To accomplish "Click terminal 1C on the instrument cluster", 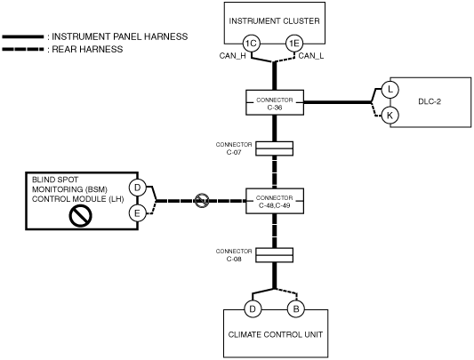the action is [x=251, y=44].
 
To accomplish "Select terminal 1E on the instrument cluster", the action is [x=294, y=44].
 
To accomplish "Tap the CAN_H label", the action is [x=232, y=56].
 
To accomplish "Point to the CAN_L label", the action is [x=311, y=56].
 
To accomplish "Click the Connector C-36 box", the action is [x=275, y=102].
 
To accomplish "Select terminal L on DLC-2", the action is [x=390, y=90].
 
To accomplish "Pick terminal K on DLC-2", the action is [x=390, y=116].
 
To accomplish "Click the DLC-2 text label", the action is [x=430, y=101].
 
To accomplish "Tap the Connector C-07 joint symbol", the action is [x=275, y=148].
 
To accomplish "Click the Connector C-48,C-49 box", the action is [x=275, y=201].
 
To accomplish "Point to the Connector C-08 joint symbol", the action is [x=275, y=255].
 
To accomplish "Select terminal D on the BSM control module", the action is [x=138, y=188].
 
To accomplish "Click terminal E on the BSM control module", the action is [x=138, y=213].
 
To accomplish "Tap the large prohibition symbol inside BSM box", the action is [x=80, y=215].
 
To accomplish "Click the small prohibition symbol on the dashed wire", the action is [x=202, y=201].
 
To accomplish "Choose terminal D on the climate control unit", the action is [x=253, y=309].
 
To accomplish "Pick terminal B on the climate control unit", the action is [x=295, y=309].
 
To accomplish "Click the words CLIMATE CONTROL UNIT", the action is [x=276, y=334].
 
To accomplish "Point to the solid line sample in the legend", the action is [x=23, y=36].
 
